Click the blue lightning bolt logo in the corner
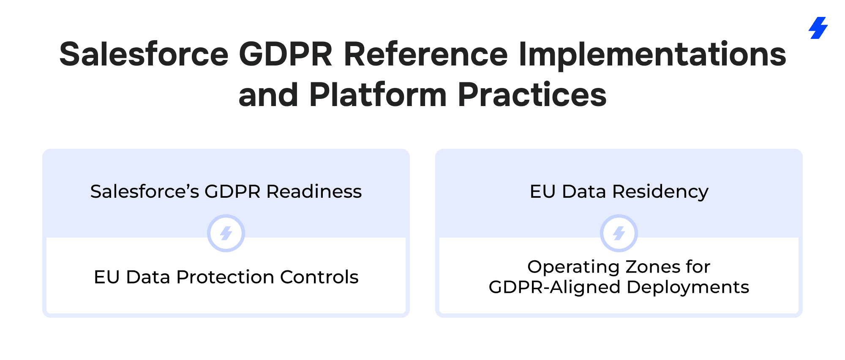[x=818, y=28]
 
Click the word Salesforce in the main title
[x=144, y=54]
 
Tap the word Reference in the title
[x=425, y=54]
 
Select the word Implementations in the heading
[x=652, y=55]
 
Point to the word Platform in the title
[x=378, y=94]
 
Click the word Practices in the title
[x=532, y=94]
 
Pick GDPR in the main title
[x=286, y=54]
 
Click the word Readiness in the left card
[x=314, y=191]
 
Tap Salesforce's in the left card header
[x=144, y=191]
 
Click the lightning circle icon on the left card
[x=226, y=233]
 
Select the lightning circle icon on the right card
[x=619, y=233]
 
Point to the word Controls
[x=319, y=277]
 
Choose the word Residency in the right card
[x=660, y=192]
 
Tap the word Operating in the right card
[x=574, y=267]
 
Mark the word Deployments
[x=688, y=287]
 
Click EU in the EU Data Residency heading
[x=542, y=191]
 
